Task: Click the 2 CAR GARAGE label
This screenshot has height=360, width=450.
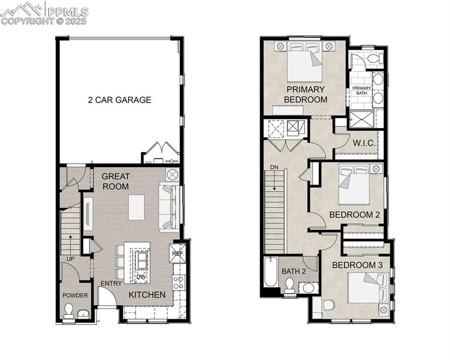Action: (118, 100)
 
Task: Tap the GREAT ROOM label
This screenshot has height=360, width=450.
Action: (115, 181)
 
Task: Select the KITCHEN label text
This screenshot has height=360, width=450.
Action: (147, 295)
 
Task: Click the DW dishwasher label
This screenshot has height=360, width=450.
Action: (141, 276)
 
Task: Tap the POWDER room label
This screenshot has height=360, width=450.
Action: (75, 295)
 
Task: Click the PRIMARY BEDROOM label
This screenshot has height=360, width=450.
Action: (305, 94)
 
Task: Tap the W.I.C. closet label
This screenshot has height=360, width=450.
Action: (363, 143)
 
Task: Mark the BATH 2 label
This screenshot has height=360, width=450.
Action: (293, 271)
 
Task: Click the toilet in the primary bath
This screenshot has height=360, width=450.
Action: (372, 59)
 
